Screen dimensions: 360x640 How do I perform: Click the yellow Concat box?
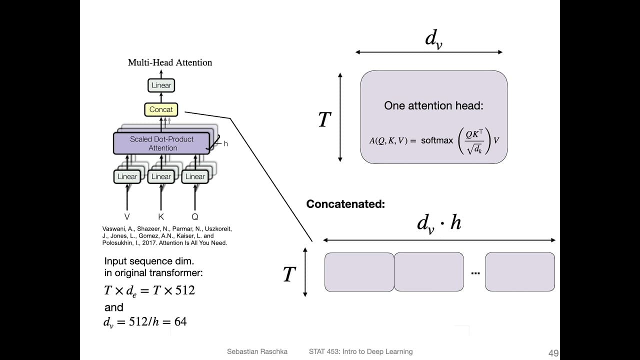[x=161, y=109]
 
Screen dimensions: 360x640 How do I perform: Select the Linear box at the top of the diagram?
[x=161, y=85]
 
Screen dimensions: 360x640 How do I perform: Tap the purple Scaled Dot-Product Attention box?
[x=162, y=143]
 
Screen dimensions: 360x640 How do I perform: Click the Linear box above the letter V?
[x=127, y=176]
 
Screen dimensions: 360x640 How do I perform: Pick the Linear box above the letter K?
[x=161, y=176]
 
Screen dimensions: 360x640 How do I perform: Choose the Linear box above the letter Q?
[x=195, y=176]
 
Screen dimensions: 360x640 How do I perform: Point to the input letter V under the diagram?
[x=127, y=217]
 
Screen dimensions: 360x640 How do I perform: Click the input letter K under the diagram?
[x=161, y=217]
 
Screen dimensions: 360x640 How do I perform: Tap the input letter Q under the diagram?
[x=195, y=217]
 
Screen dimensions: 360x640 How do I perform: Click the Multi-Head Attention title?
[x=170, y=62]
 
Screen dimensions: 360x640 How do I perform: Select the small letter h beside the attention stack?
[x=225, y=144]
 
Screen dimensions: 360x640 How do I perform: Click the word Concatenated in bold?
[x=345, y=204]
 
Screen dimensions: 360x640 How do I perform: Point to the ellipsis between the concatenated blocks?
[x=475, y=273]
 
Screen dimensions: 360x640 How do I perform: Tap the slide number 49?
[x=553, y=353]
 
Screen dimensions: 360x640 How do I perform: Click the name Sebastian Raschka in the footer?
[x=257, y=351]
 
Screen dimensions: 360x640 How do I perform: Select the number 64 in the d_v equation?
[x=180, y=321]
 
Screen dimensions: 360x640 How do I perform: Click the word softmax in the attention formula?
[x=437, y=140]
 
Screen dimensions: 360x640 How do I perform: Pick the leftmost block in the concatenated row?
[x=359, y=272]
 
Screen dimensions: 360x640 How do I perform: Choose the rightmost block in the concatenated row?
[x=520, y=272]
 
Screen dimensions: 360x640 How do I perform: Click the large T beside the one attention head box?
[x=324, y=120]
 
